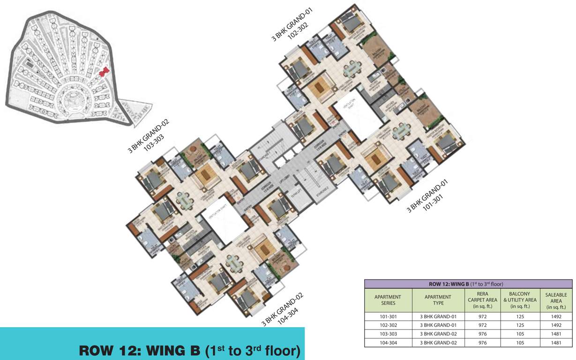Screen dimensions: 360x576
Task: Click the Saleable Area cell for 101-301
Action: coord(556,316)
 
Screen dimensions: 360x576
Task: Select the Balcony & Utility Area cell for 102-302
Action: coord(519,325)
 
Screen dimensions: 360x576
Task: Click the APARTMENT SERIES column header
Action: coord(388,300)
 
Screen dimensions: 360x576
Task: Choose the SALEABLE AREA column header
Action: coord(556,300)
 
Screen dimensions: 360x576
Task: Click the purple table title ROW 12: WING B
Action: coord(468,284)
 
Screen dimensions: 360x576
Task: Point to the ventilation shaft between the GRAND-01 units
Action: coord(362,114)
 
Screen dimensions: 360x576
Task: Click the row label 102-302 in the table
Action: coord(388,325)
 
